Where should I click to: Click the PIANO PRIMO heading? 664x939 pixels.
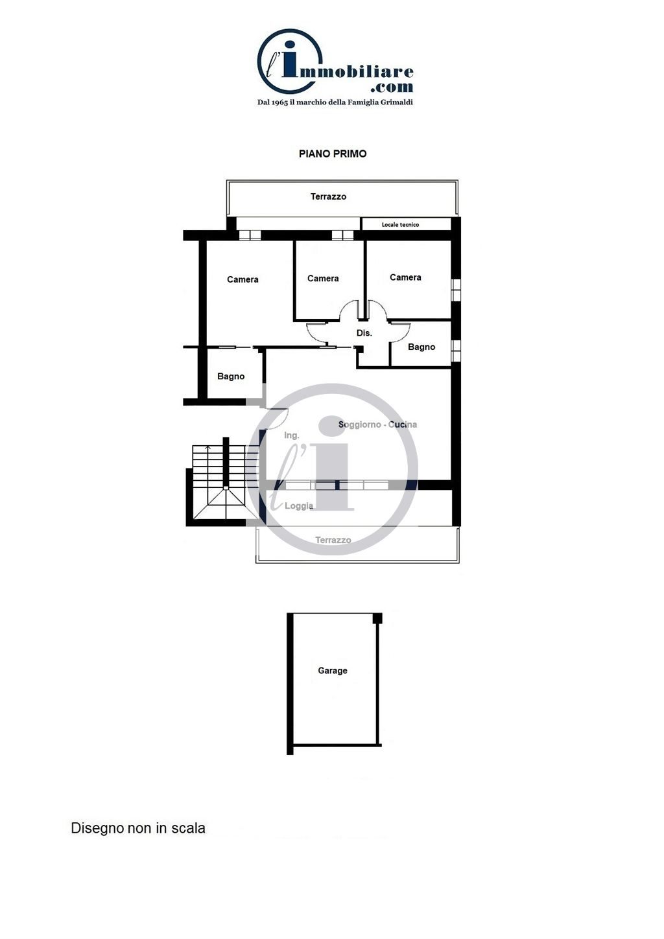tap(333, 154)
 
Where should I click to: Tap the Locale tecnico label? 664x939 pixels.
tap(400, 225)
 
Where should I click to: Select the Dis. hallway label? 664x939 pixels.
tap(364, 333)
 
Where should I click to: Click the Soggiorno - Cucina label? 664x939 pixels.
tap(377, 424)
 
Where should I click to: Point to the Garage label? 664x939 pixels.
tap(333, 671)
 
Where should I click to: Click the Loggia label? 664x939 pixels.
tap(299, 506)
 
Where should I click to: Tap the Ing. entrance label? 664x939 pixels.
tap(292, 435)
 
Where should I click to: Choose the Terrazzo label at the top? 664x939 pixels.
tap(329, 196)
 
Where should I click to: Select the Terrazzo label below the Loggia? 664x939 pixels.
tap(333, 540)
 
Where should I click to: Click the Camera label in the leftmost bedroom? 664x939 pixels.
tap(243, 279)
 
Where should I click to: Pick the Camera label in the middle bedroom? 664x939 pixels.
tap(323, 279)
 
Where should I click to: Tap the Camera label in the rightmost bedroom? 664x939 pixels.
tap(405, 277)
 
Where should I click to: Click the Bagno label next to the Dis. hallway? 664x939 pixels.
tap(421, 347)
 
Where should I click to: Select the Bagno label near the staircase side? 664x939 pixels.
tap(231, 377)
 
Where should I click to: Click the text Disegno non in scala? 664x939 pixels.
tap(138, 828)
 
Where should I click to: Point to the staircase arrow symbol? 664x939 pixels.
tap(208, 448)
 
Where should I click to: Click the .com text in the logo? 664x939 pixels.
tap(392, 87)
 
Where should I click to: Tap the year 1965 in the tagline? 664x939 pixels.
tap(279, 102)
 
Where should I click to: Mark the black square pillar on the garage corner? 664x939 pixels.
tap(377, 618)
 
